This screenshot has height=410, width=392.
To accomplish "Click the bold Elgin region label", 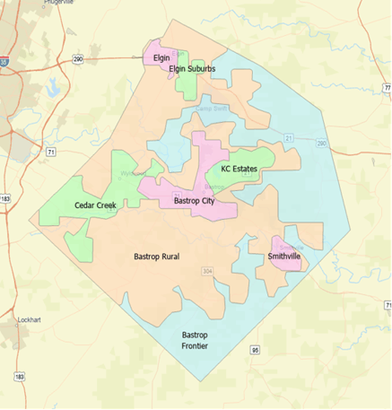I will click(161, 57).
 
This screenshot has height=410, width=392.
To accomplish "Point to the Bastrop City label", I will click(193, 202).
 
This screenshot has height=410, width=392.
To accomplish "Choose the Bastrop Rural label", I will click(156, 257).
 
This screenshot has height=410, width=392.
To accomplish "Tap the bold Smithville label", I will click(283, 257).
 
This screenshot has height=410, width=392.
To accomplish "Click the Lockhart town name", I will click(30, 319).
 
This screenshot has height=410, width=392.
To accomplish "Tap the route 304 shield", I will click(206, 271).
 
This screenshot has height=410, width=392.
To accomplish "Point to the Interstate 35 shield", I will click(4, 63).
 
